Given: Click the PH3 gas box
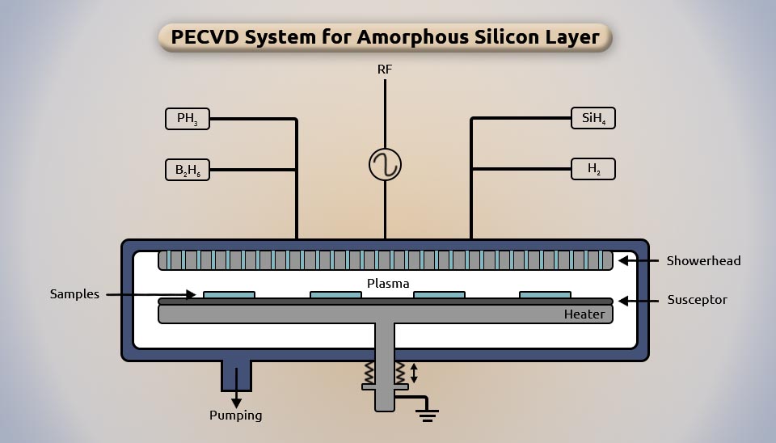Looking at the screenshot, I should pos(188,119).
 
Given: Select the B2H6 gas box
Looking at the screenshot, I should pos(188,170).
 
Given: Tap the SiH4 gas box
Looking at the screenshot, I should pos(593,118).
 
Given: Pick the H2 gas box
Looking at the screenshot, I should pos(593,169).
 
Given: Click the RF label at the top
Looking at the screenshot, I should pos(385,70).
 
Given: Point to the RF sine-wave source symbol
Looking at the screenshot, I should pos(385,165).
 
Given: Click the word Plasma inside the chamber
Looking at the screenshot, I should pos(388,283).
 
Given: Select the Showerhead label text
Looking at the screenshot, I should pos(703,260).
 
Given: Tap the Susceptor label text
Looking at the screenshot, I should pos(697,300).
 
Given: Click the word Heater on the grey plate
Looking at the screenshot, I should pos(584,314).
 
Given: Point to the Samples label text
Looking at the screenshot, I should pos(74,294).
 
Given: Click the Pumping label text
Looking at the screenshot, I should pos(236,416).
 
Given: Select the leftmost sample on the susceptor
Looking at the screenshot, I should pos(229,295).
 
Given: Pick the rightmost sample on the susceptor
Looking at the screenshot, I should pos(545,295).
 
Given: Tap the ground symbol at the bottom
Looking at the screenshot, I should pos(428,415).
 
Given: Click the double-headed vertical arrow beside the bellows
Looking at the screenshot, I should pos(414,373).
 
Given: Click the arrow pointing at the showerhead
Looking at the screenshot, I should pos(637,260).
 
